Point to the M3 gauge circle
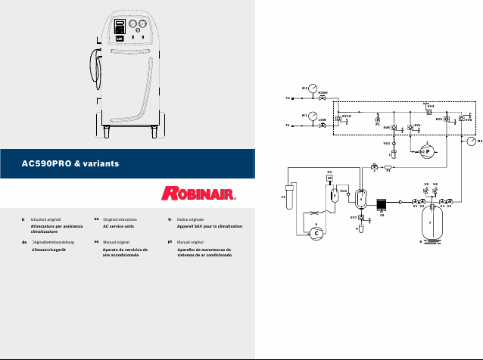click(472, 141)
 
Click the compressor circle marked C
click(316, 234)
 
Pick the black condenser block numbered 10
click(382, 205)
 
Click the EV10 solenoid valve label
click(346, 116)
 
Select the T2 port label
click(288, 98)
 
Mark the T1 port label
click(288, 126)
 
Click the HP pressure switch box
click(329, 178)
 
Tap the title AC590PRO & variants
click(71, 163)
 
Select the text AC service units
click(117, 226)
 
